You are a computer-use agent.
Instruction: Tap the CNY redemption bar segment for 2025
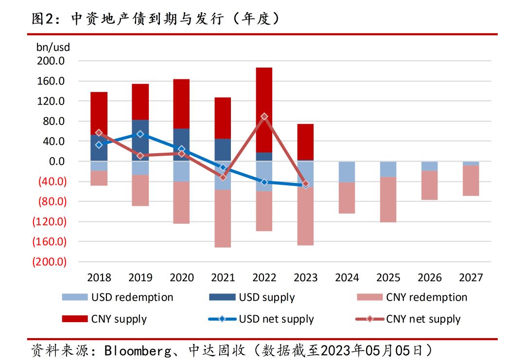point(388,199)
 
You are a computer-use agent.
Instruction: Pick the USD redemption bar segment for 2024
point(347,172)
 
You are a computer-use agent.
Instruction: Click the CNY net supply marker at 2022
point(264,117)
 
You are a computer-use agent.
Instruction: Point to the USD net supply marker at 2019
point(140,134)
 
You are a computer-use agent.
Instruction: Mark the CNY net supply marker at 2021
point(223,177)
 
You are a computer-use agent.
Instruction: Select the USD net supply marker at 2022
point(264,182)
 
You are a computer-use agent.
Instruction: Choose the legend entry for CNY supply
point(105,319)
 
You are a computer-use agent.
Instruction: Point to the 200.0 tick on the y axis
point(50,61)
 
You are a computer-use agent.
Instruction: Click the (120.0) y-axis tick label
point(49,221)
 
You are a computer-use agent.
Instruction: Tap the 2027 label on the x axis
point(471,278)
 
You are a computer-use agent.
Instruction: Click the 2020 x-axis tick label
point(181,278)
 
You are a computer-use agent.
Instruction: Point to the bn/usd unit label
point(53,48)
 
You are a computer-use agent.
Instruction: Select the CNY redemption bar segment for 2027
point(471,180)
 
